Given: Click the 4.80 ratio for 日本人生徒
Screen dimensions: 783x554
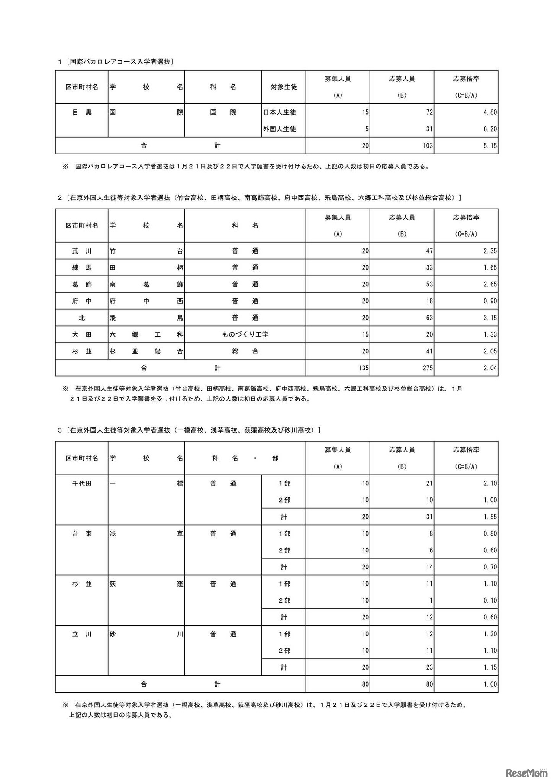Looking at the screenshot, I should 490,112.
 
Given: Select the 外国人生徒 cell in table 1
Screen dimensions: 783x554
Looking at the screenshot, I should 280,129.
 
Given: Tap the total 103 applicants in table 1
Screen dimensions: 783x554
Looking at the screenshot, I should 428,146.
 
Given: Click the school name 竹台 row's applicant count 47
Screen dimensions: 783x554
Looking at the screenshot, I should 429,251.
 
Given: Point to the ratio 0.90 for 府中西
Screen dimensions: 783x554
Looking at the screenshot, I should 490,301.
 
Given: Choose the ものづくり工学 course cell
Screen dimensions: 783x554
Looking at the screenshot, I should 245,334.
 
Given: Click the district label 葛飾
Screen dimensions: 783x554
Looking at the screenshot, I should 82,284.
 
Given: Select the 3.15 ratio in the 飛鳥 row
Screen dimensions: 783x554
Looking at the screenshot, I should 490,318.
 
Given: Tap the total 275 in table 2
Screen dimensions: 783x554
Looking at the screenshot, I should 428,368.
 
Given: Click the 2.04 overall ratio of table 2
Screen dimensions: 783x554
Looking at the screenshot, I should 490,368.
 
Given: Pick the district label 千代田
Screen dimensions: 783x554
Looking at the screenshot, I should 82,483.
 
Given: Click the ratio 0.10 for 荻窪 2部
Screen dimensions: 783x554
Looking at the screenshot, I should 490,600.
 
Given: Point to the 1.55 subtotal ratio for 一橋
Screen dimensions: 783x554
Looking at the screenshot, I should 490,517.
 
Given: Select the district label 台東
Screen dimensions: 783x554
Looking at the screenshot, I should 82,533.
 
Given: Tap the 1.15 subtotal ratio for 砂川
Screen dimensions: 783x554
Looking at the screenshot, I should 490,667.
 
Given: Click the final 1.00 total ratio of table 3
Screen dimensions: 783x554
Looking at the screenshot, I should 490,684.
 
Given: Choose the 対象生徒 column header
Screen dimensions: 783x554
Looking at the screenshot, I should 283,87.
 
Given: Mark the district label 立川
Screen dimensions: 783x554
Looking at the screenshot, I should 82,634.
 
